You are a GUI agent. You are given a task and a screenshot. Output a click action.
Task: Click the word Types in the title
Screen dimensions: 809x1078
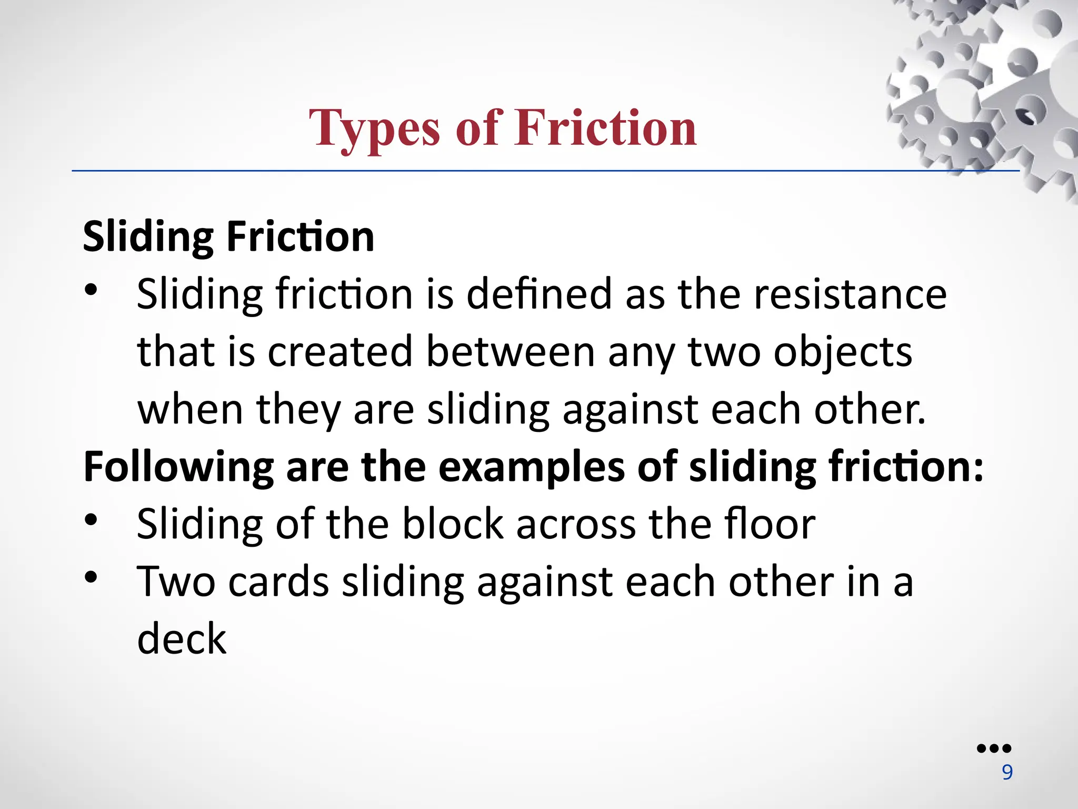[374, 128]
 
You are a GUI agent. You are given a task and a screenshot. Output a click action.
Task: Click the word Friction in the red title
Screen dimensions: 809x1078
[606, 128]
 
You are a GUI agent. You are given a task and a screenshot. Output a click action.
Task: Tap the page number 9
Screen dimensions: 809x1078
[1007, 772]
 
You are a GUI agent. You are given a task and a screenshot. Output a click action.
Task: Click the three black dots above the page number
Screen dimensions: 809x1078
[994, 748]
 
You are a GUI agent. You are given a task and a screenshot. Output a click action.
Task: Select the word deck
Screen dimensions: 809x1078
[182, 639]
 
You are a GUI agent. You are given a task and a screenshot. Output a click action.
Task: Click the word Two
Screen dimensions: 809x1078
[176, 582]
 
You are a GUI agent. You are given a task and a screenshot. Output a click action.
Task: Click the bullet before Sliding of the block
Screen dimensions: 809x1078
[91, 520]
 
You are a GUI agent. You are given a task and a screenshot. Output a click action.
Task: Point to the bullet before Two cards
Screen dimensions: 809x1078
[91, 577]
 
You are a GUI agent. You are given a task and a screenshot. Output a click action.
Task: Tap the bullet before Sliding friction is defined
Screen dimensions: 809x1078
[91, 290]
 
